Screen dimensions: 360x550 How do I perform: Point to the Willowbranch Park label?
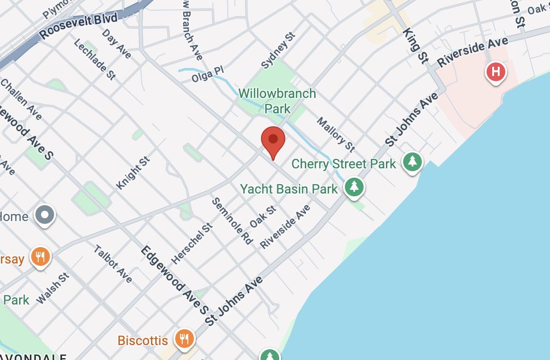277,101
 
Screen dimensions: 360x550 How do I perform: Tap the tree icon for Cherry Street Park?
412,162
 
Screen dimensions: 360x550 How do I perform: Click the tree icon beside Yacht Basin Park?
354,187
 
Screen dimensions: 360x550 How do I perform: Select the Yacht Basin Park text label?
289,189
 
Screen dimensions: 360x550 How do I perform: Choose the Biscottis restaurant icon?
185,339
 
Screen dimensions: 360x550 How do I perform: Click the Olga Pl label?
208,75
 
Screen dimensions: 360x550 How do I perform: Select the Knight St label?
133,173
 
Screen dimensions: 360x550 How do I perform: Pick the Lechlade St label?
95,59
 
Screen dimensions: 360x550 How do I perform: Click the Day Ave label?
117,44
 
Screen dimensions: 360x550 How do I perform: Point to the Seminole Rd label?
232,221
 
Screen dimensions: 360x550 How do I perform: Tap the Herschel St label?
192,243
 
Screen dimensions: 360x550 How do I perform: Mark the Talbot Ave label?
113,264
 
